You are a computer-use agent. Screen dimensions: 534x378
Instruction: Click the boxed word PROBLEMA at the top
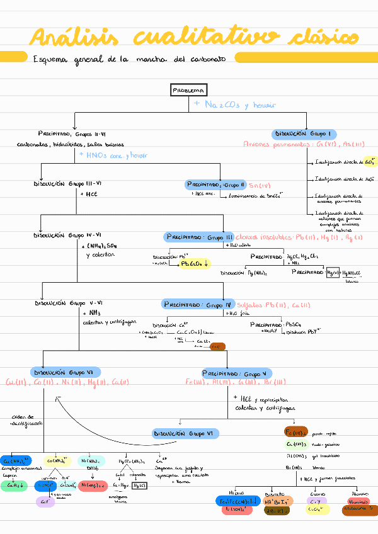pos(189,91)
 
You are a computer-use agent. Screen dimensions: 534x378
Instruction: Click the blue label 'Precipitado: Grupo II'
pos(215,185)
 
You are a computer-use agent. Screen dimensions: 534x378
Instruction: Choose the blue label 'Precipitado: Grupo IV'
pos(198,304)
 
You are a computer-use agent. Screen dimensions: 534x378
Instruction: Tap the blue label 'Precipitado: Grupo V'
pos(236,373)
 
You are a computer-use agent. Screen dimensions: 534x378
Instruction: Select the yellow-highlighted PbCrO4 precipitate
pos(195,263)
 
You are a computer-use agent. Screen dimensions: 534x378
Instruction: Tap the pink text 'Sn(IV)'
pos(259,186)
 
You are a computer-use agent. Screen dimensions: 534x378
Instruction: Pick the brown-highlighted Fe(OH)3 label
pos(296,432)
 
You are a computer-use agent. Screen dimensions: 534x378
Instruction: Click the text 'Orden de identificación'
pos(26,420)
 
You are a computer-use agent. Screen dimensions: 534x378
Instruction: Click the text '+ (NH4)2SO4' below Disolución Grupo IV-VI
pos(100,246)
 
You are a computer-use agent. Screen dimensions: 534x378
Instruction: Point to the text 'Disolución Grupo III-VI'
pos(67,184)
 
